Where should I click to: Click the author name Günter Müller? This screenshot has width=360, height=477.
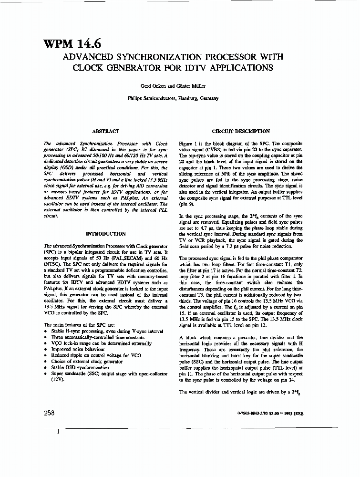184,86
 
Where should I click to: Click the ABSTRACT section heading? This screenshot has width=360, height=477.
105,131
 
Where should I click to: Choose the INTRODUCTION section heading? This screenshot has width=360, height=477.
105,234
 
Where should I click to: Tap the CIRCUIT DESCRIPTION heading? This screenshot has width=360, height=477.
241,131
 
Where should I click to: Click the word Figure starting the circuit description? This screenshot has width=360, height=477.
185,144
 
